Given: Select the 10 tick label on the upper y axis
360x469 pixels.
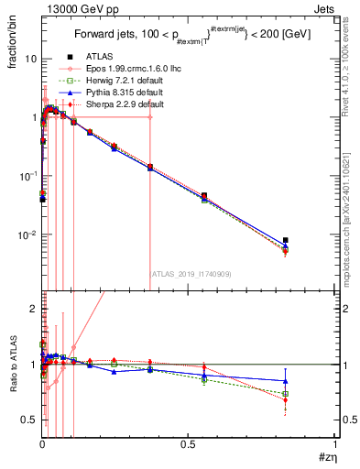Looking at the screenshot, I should click(30, 59).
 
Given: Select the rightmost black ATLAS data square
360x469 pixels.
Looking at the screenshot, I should click(286, 240).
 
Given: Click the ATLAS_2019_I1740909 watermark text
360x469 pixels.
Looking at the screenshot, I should click(189, 273).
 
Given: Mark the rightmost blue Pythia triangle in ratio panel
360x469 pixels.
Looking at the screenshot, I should click(286, 381).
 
